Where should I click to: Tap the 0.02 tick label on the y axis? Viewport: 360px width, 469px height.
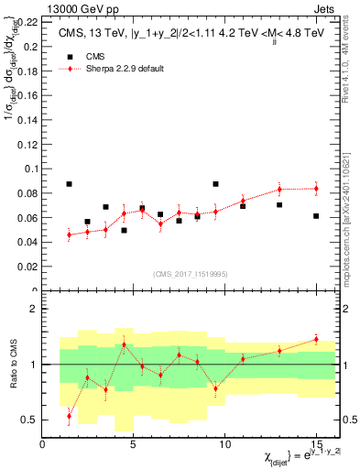click(28, 267)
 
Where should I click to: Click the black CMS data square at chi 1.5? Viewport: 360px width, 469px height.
click(70, 184)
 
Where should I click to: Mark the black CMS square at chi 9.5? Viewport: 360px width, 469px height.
click(215, 184)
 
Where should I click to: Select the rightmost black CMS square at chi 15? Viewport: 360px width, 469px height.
click(316, 216)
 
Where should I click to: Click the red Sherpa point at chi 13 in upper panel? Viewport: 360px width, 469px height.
click(279, 190)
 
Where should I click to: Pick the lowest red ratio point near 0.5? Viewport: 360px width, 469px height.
click(70, 416)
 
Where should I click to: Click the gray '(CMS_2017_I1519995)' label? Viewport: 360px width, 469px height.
click(191, 273)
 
